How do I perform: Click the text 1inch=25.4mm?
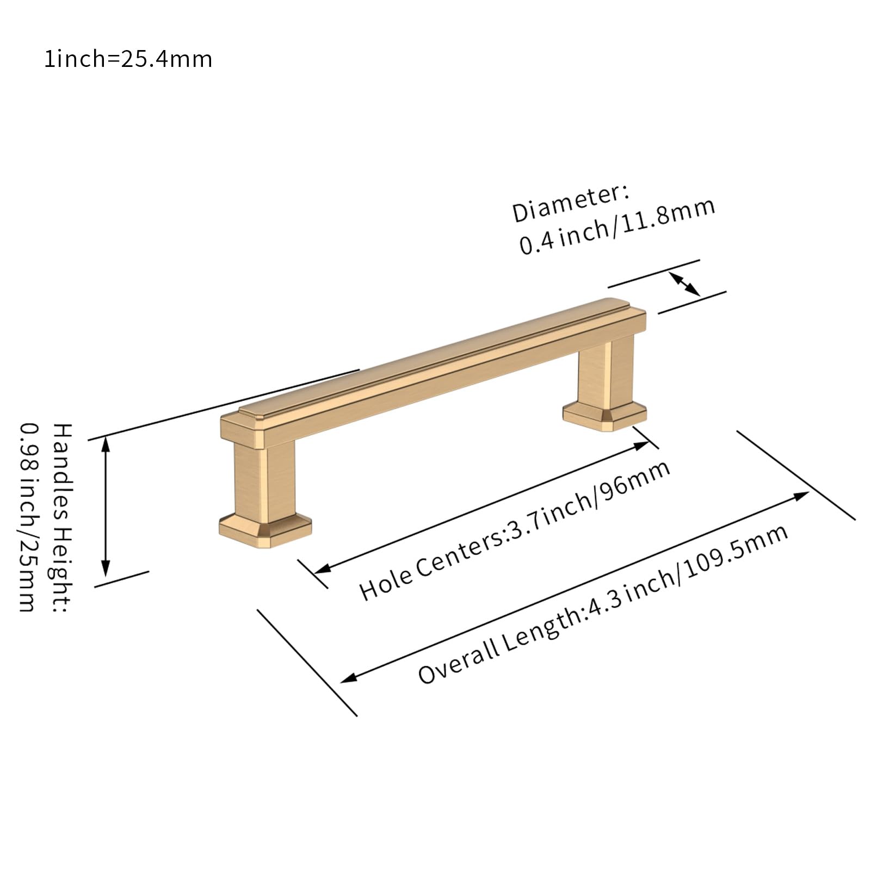128,59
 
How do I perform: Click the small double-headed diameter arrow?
684,283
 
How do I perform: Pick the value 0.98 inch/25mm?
28,517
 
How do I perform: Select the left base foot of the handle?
265,529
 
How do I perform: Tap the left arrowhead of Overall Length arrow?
349,678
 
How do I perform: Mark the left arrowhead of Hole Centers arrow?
323,569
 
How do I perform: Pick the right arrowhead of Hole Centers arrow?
642,446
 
